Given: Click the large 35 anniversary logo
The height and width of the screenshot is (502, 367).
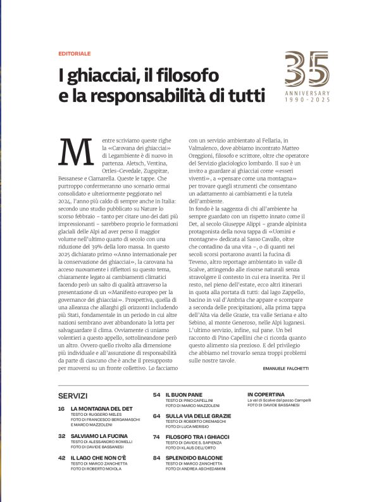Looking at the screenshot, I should (x=307, y=69).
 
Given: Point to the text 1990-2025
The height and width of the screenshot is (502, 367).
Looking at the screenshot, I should (x=307, y=100).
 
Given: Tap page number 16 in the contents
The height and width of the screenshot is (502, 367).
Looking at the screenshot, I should (x=61, y=409).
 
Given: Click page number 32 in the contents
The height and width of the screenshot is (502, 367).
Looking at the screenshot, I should (x=61, y=436).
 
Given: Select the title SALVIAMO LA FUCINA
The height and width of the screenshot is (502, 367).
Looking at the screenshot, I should (x=99, y=436).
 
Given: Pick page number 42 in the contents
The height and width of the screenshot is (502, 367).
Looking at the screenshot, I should (x=61, y=457).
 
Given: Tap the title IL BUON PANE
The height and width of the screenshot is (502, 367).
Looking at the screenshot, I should (x=183, y=395).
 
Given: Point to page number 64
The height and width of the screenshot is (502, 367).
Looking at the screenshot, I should (x=156, y=416).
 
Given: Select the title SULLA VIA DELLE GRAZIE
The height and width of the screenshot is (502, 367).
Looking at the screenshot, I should (x=198, y=416).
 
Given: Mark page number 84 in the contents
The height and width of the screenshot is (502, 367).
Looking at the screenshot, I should (x=156, y=458).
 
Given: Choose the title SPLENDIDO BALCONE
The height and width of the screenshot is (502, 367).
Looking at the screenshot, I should (x=194, y=458).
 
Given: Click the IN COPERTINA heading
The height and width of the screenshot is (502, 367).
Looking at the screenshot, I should (x=266, y=394).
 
